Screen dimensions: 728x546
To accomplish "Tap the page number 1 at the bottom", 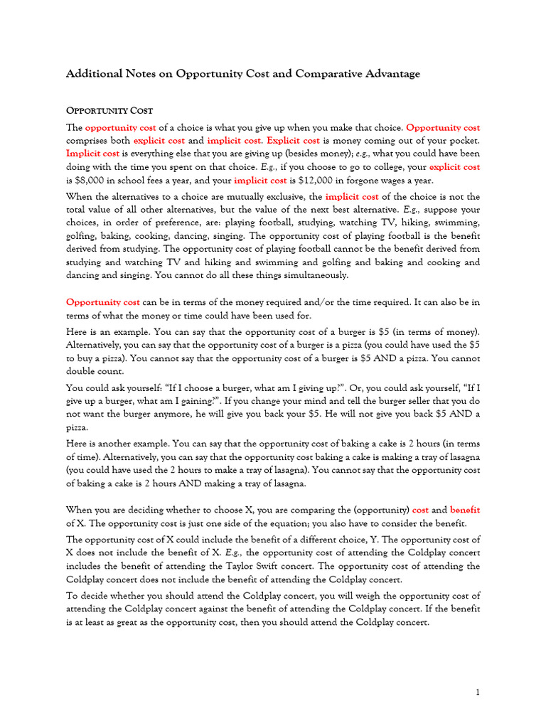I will click(478, 692).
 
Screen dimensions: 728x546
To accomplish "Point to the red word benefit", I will click(465, 509).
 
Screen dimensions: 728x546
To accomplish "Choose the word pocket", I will click(463, 141).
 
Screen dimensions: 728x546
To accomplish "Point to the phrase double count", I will click(95, 371).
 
